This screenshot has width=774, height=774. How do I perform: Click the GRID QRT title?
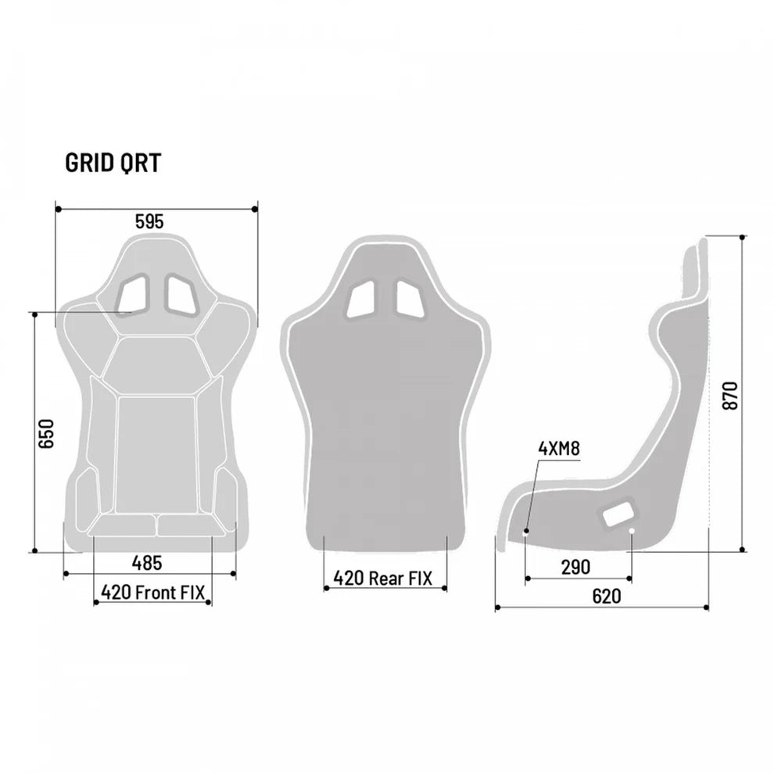coord(113,163)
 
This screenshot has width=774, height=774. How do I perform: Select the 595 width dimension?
coord(149,221)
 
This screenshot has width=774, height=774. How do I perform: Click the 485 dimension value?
coord(147,561)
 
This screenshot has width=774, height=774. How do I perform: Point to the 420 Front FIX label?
coord(152,592)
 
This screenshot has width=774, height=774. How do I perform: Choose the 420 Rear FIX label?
coord(382,578)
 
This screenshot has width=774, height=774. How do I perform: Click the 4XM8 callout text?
coord(558,448)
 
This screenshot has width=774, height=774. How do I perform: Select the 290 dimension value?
coord(575,567)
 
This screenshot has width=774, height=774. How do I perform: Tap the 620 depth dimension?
coord(606,596)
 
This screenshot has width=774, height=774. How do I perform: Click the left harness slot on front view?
coord(132,293)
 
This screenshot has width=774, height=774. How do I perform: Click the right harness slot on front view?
coord(181,293)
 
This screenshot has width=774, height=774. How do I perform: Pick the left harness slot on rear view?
coord(362,299)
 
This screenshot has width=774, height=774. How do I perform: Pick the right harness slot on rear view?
coord(410,299)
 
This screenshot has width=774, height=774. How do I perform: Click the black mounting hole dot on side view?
coord(526,532)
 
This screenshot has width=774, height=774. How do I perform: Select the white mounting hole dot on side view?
coord(632,532)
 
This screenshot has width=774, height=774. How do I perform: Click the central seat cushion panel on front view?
coord(156,453)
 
